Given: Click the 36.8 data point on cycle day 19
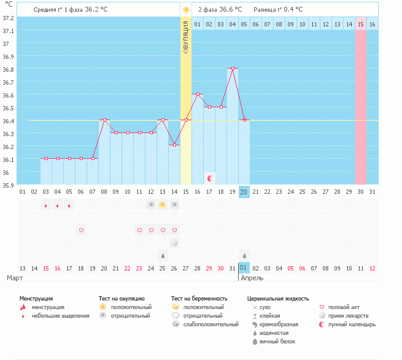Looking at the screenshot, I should [x=233, y=69].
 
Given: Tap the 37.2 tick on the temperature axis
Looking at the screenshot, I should [x=8, y=18].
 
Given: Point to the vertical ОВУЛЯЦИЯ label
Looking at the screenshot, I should [x=186, y=37].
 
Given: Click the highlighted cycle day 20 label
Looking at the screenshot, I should [x=244, y=192].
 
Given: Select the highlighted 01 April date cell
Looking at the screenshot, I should [x=244, y=268].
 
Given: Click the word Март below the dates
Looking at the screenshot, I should [x=15, y=278].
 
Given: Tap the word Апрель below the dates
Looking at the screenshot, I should [x=253, y=278].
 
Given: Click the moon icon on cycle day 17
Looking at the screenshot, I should [x=209, y=178].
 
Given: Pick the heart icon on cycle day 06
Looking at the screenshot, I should [x=81, y=230].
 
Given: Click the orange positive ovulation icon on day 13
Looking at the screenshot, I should [x=163, y=205].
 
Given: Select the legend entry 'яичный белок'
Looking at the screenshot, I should [x=277, y=341].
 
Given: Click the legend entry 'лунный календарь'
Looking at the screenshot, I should [x=352, y=324].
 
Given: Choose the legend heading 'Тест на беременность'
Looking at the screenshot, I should [x=204, y=298].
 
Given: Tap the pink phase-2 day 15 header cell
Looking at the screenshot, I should [x=361, y=24].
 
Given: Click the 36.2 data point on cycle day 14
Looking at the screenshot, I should [x=174, y=145].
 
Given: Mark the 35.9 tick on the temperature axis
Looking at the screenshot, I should [x=8, y=186].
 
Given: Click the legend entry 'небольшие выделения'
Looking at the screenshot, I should [x=60, y=315].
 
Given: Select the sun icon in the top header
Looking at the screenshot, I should [x=186, y=10].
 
